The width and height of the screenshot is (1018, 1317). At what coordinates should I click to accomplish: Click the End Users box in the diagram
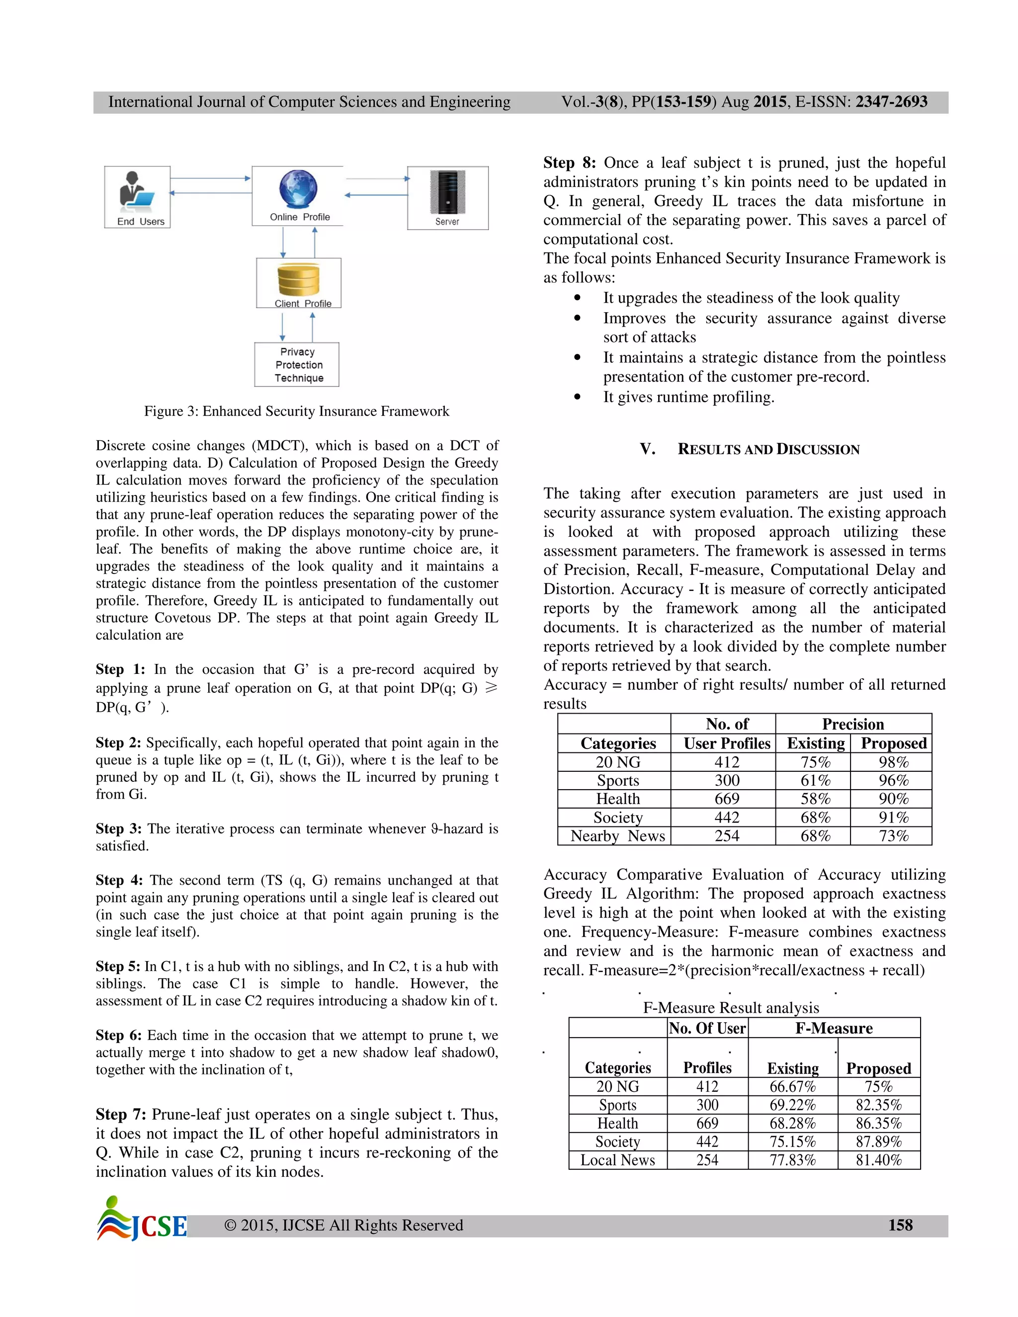pyautogui.click(x=138, y=197)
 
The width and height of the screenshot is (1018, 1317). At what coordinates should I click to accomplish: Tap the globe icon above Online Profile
pyautogui.click(x=298, y=189)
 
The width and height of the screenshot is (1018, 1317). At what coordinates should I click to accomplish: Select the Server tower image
pyautogui.click(x=447, y=192)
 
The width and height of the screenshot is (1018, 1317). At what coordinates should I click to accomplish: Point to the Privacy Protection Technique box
pyautogui.click(x=297, y=365)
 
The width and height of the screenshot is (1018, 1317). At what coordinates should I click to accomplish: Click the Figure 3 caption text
pyautogui.click(x=296, y=412)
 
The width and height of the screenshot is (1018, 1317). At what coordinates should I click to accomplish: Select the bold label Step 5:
pyautogui.click(x=118, y=966)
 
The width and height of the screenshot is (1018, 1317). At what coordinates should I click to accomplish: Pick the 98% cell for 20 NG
pyautogui.click(x=893, y=762)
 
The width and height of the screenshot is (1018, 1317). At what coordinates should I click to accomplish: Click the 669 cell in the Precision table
pyautogui.click(x=727, y=799)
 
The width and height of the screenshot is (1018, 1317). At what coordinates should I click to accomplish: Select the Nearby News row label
pyautogui.click(x=617, y=836)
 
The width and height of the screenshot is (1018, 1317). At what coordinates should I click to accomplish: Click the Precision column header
pyautogui.click(x=853, y=724)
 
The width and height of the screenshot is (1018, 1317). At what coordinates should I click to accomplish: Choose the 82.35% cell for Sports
pyautogui.click(x=879, y=1105)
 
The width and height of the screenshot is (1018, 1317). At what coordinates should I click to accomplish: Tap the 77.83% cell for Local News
pyautogui.click(x=792, y=1160)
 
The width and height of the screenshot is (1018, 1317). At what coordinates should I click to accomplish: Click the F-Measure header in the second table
pyautogui.click(x=834, y=1028)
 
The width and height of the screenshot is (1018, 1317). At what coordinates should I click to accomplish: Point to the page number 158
pyautogui.click(x=900, y=1226)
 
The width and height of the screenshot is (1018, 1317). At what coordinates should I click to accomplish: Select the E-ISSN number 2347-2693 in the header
pyautogui.click(x=891, y=102)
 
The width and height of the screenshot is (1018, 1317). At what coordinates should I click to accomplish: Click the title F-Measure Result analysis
pyautogui.click(x=731, y=1008)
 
